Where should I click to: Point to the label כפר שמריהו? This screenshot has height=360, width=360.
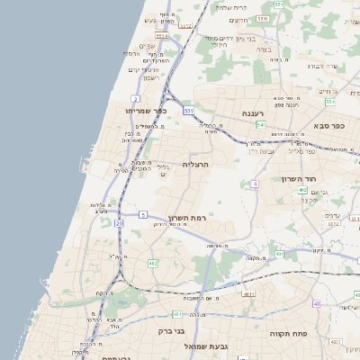click(142, 110)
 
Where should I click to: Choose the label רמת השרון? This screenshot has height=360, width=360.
click(188, 219)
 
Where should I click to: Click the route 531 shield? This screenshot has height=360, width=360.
click(188, 110)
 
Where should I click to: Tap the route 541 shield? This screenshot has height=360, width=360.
click(260, 125)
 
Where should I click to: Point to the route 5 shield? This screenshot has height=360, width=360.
click(143, 214)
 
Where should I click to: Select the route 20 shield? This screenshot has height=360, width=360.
click(118, 222)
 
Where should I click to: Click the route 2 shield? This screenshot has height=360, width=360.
click(135, 97)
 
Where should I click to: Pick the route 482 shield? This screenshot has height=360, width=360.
click(152, 263)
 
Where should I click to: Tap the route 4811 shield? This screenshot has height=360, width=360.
click(248, 294)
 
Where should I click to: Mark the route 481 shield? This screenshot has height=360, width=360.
click(177, 314)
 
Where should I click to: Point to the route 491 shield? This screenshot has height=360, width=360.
click(280, 255)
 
